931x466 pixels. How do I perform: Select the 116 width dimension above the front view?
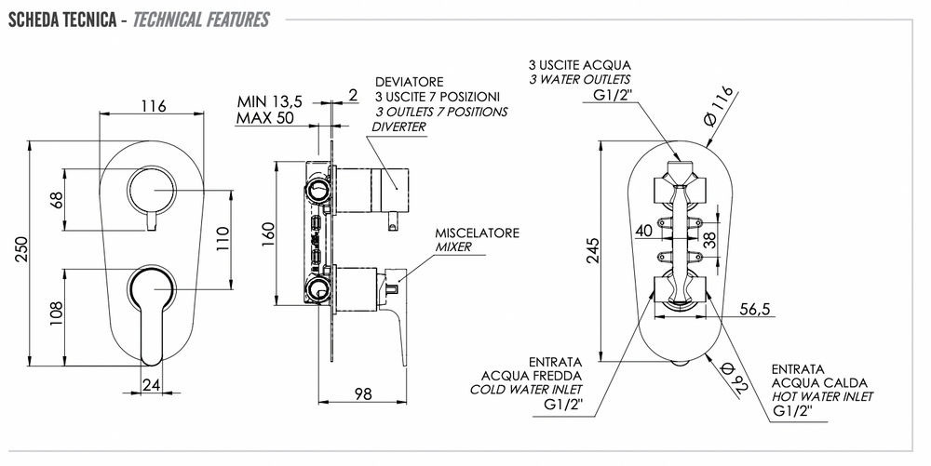point(154,106)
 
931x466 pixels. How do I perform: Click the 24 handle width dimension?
point(151,384)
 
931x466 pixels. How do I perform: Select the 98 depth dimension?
point(363,393)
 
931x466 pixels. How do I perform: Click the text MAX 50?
point(267,118)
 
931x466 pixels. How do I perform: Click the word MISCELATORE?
point(478,233)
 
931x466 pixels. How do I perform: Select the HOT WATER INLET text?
point(822,396)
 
